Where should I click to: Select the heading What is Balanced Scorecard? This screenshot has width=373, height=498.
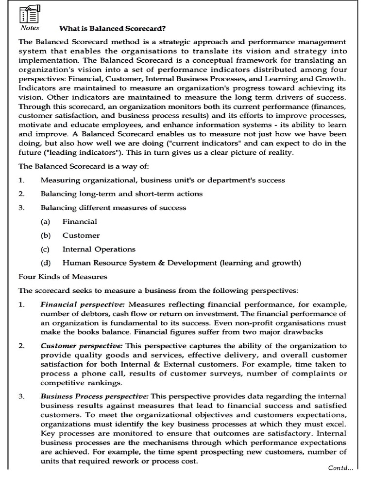[x=112, y=29]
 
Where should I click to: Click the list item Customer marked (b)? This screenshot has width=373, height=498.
[x=81, y=235]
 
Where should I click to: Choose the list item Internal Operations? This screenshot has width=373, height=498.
[x=99, y=249]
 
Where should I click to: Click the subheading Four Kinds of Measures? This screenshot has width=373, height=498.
[x=63, y=277]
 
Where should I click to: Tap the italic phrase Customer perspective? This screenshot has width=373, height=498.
[x=82, y=346]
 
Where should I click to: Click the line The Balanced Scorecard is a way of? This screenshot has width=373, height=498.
[x=83, y=166]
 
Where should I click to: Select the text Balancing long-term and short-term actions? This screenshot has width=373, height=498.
[x=121, y=194]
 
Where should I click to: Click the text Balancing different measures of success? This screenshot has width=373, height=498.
[x=113, y=208]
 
